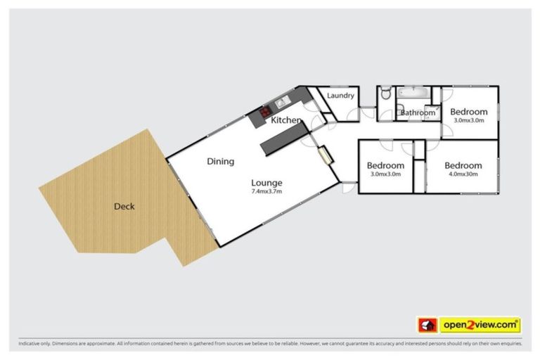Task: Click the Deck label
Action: pos(124,207)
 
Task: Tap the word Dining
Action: pos(220,162)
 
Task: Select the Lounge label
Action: pos(266,183)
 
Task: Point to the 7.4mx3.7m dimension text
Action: pos(266,192)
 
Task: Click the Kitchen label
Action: pos(286,121)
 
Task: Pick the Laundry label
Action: pos(341,96)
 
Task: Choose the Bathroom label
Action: pos(418,112)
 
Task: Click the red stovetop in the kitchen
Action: pos(266,110)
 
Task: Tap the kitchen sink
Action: pos(282,103)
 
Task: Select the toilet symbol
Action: pos(385,94)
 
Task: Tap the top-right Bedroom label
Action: pos(468,112)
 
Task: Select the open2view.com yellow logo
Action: pos(480,325)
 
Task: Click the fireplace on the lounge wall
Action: pos(326,155)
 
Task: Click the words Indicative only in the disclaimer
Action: pos(30,344)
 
